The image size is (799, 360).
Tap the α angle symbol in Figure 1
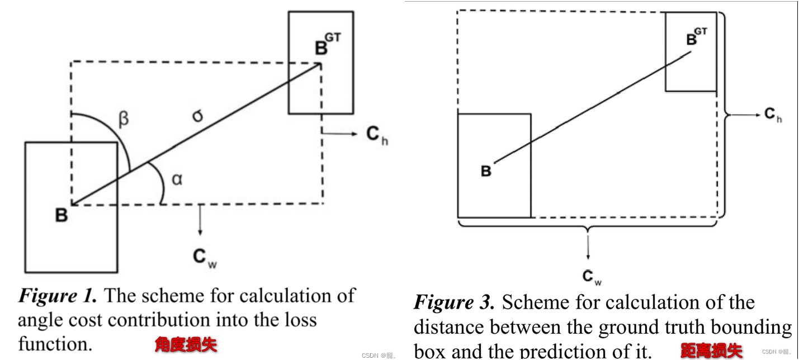pos(177,180)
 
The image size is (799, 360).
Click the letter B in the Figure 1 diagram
pos(62,215)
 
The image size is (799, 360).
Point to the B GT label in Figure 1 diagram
pos(326,44)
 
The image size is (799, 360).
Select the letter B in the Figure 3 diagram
pos(486,171)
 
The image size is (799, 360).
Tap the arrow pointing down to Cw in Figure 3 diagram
pos(587,246)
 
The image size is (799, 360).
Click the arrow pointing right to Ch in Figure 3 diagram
pos(744,115)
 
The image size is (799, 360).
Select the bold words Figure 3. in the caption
pos(454,302)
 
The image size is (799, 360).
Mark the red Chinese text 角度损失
pos(186,344)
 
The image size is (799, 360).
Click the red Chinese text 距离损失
pos(711,350)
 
